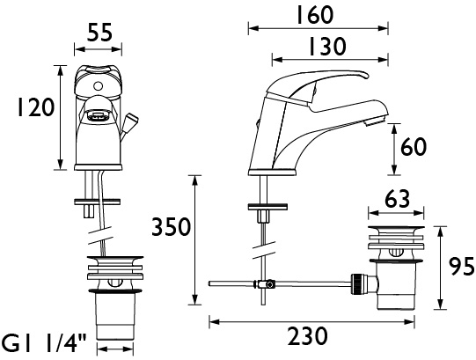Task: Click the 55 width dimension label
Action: point(100,32)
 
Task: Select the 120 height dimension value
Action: point(36,107)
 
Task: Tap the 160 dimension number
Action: point(315,15)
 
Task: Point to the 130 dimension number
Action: point(327,47)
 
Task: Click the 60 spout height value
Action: point(414,147)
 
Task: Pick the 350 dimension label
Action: point(171,227)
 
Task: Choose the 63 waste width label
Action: point(398,200)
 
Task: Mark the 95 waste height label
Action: point(461,266)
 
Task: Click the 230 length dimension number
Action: point(308,336)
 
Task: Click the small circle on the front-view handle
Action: point(98,86)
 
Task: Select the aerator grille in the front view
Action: point(98,116)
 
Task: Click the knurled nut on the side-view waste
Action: point(356,283)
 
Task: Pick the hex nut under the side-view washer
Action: point(263,217)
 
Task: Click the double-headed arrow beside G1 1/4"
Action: point(114,349)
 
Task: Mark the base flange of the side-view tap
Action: point(271,173)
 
